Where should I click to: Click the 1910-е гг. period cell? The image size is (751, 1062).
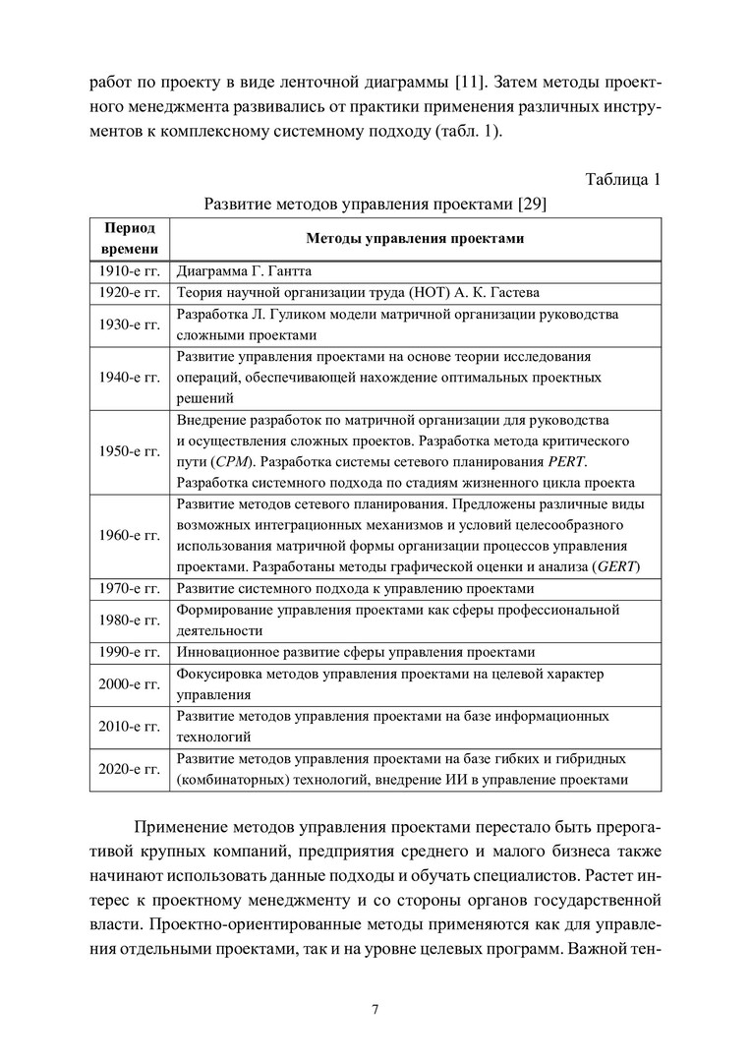pos(130,270)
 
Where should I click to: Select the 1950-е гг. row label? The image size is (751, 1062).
pos(130,450)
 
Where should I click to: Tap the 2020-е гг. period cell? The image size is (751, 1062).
pos(130,770)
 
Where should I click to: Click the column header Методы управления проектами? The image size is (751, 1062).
pos(415,239)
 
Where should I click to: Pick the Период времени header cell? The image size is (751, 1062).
pos(130,239)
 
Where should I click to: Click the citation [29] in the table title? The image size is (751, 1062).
pos(531,205)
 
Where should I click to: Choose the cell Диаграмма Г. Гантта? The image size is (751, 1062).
pos(244,270)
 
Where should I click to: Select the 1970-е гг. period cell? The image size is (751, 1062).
pos(130,589)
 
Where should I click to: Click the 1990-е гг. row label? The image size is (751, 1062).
pos(130,652)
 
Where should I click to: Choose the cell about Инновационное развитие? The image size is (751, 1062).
pos(355,652)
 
